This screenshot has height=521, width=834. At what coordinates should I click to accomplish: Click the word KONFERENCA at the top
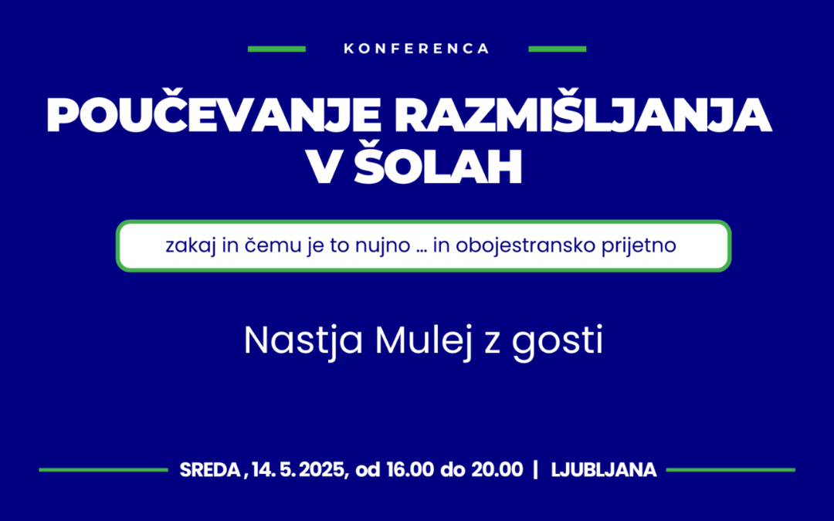click(x=417, y=49)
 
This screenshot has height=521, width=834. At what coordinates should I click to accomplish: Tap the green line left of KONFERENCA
click(x=276, y=49)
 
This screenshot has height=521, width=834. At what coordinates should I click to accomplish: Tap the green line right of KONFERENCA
click(x=557, y=49)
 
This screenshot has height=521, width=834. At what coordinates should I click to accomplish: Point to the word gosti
click(x=557, y=341)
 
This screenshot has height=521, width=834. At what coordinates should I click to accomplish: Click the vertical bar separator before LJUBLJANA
click(x=536, y=469)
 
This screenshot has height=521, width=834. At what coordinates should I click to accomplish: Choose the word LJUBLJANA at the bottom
click(x=604, y=469)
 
